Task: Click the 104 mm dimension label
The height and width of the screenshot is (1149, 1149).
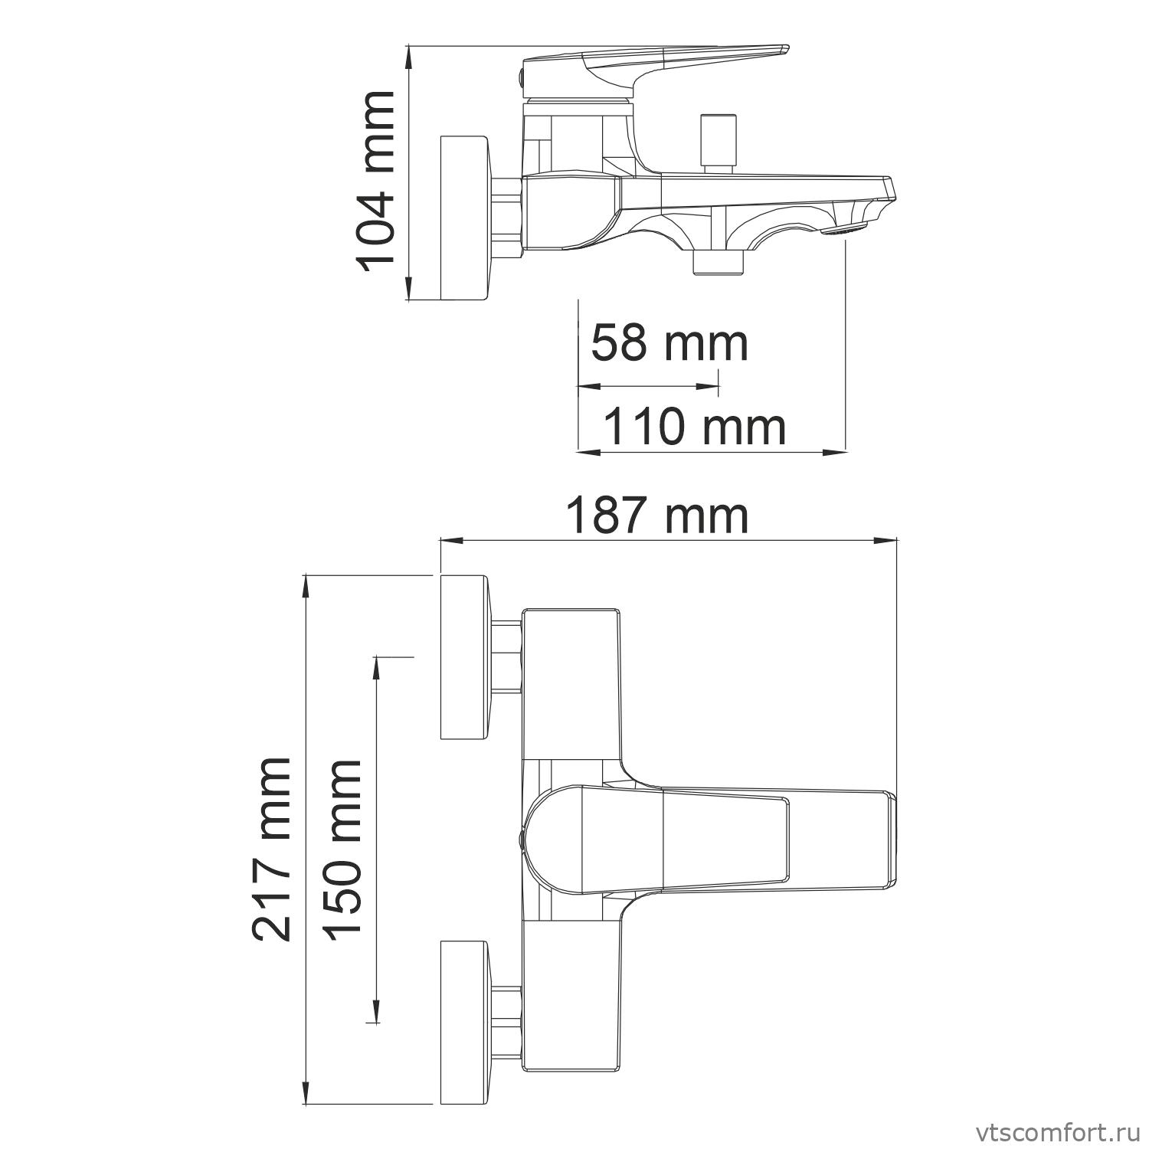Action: coord(375,181)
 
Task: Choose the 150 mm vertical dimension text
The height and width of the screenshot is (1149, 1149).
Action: coord(341,850)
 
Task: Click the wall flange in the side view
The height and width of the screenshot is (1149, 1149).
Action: coord(464,218)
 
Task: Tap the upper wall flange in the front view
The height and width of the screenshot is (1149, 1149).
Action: coord(464,656)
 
